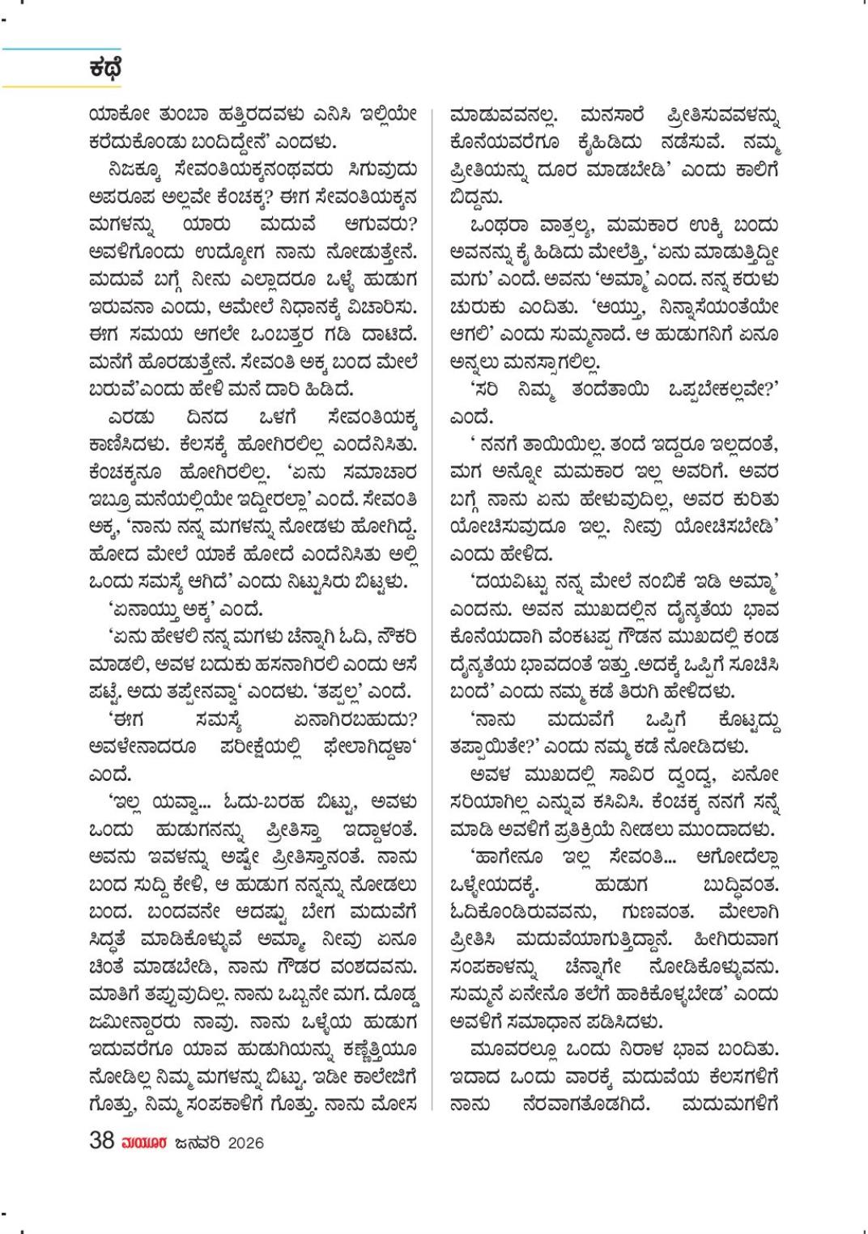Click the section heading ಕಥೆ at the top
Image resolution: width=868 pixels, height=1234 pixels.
tap(105, 68)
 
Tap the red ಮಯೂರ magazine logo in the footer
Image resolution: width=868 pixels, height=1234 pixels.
tap(144, 1143)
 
